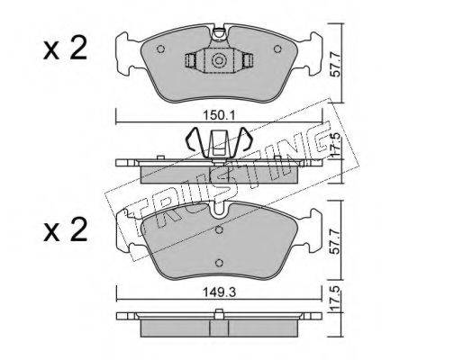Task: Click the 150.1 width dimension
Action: [x=219, y=115]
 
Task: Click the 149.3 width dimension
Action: [x=219, y=292]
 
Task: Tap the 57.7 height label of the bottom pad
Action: [x=335, y=242]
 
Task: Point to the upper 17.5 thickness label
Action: [x=337, y=144]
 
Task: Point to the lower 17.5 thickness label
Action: [x=337, y=299]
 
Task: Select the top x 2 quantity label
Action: [x=65, y=49]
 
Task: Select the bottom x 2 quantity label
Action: [x=65, y=230]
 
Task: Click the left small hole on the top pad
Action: [x=160, y=49]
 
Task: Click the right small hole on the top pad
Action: [x=277, y=49]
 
